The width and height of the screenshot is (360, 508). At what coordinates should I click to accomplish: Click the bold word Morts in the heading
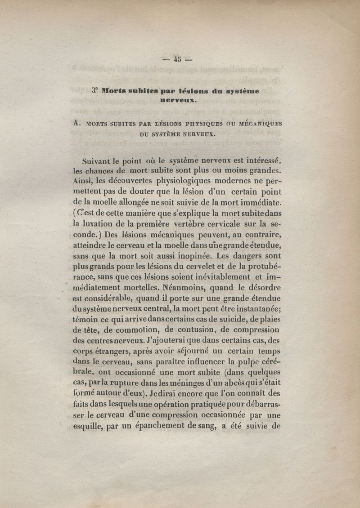pyautogui.click(x=116, y=91)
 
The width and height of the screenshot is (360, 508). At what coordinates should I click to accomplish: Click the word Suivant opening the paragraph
pyautogui.click(x=97, y=160)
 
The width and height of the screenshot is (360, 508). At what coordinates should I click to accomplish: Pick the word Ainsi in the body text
pyautogui.click(x=81, y=181)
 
